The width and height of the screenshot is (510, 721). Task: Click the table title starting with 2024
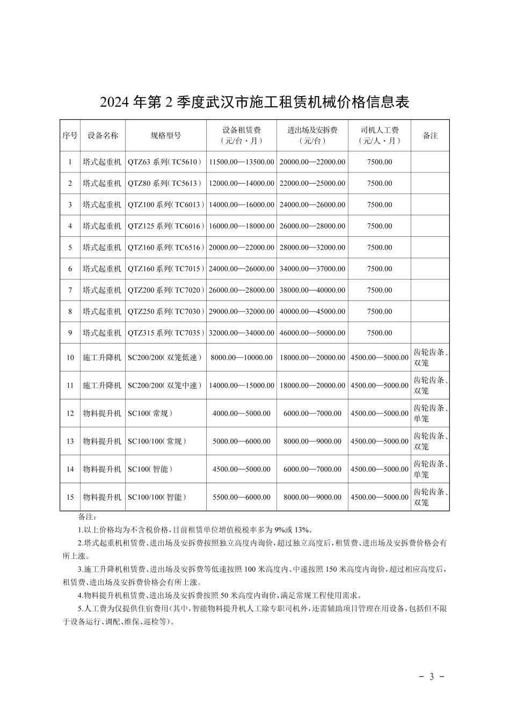(x=254, y=102)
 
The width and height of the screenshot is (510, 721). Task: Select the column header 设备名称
(x=103, y=136)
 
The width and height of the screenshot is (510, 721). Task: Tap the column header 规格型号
(x=166, y=136)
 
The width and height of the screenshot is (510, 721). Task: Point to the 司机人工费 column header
(x=380, y=135)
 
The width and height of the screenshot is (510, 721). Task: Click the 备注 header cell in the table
(x=430, y=136)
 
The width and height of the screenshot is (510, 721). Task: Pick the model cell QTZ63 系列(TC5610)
(x=166, y=162)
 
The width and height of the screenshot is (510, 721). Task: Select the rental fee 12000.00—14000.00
(x=242, y=184)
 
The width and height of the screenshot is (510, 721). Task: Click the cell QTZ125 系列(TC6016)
(x=166, y=227)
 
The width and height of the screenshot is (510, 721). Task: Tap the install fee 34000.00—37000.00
(x=312, y=269)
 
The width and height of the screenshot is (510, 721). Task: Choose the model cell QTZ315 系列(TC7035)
(x=166, y=333)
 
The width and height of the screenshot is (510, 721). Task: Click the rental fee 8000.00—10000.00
(x=242, y=358)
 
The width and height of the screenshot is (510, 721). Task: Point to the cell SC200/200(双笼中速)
(x=165, y=385)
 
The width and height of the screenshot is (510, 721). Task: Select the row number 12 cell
(x=70, y=413)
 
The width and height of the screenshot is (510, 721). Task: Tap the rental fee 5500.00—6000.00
(x=242, y=497)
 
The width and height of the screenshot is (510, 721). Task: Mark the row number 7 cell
(x=70, y=290)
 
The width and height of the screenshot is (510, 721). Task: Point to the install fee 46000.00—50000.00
(x=312, y=333)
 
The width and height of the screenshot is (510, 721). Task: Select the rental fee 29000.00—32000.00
(x=242, y=312)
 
